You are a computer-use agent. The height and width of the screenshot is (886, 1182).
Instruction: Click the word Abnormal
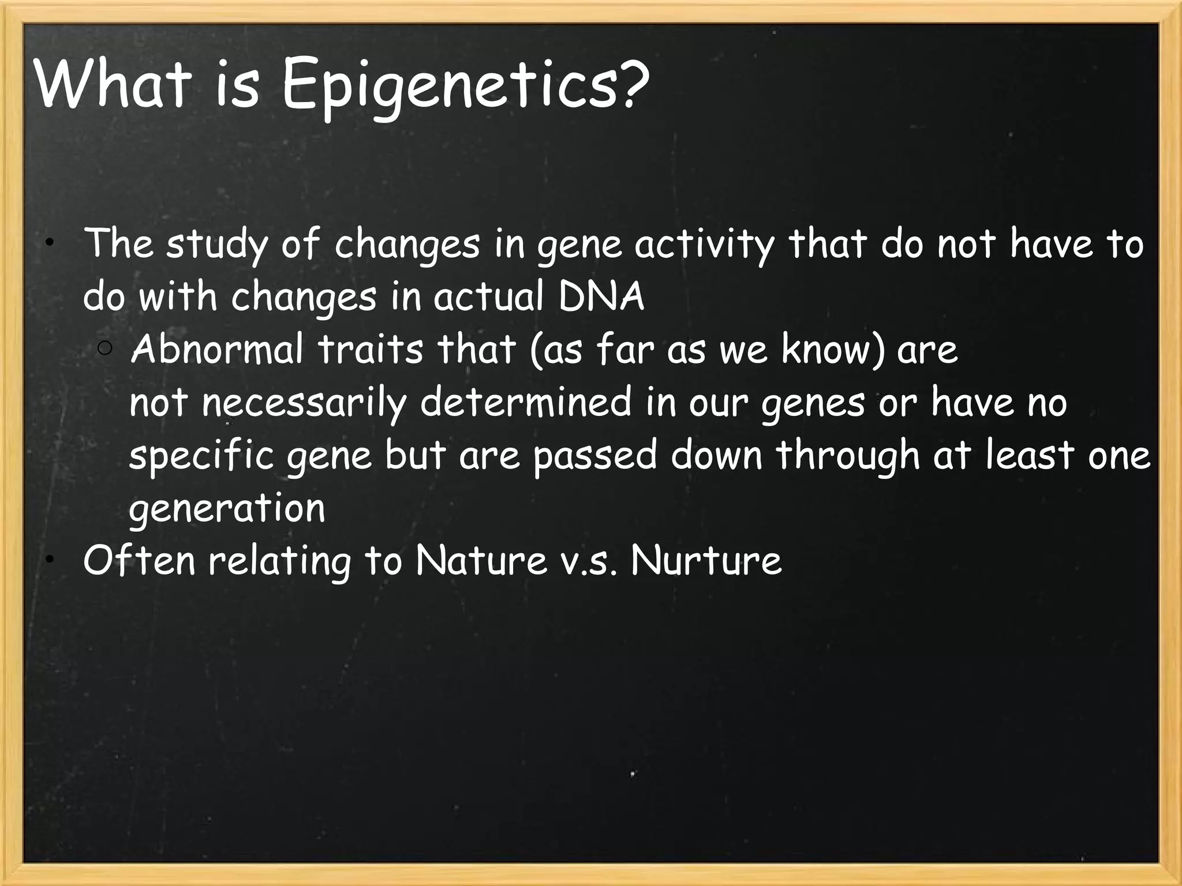tap(217, 350)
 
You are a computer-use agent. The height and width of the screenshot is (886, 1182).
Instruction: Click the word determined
tap(525, 402)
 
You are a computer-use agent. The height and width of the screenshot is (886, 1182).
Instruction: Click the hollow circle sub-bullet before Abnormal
tap(105, 348)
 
